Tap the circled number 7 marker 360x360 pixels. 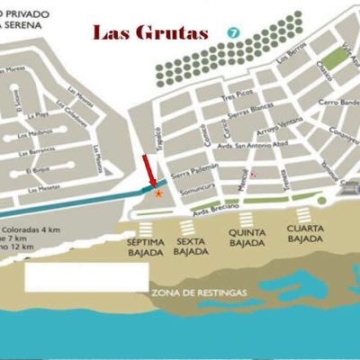[234, 32]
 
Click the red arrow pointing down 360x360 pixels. [150, 172]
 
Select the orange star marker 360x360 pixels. [159, 193]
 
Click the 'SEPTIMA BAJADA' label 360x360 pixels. [145, 247]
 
